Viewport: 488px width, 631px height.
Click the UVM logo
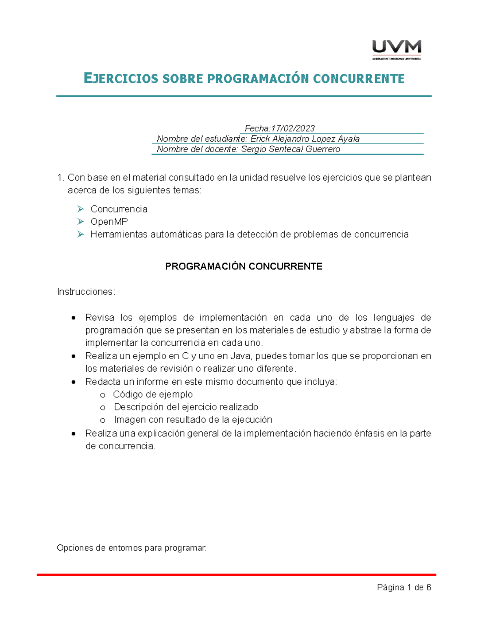[x=396, y=49]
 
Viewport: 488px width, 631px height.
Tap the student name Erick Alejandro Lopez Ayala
[x=305, y=139]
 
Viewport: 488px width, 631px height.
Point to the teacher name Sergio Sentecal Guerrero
[x=290, y=149]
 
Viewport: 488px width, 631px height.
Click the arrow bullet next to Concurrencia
[x=81, y=209]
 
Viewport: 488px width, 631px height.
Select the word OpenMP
[x=109, y=221]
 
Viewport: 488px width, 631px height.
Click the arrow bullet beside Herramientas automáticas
[x=81, y=234]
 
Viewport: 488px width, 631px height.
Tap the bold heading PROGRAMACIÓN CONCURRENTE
[x=244, y=266]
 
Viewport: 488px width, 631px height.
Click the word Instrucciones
[x=86, y=292]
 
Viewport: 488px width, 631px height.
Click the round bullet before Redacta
[x=74, y=382]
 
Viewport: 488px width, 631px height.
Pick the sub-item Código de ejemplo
[x=153, y=395]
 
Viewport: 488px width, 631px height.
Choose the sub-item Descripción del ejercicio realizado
[x=186, y=407]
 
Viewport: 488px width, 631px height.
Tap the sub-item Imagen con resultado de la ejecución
[x=193, y=420]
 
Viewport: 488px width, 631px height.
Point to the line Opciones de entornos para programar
[x=132, y=548]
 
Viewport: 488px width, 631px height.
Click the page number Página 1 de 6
[x=404, y=588]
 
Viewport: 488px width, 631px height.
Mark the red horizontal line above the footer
[x=236, y=575]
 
